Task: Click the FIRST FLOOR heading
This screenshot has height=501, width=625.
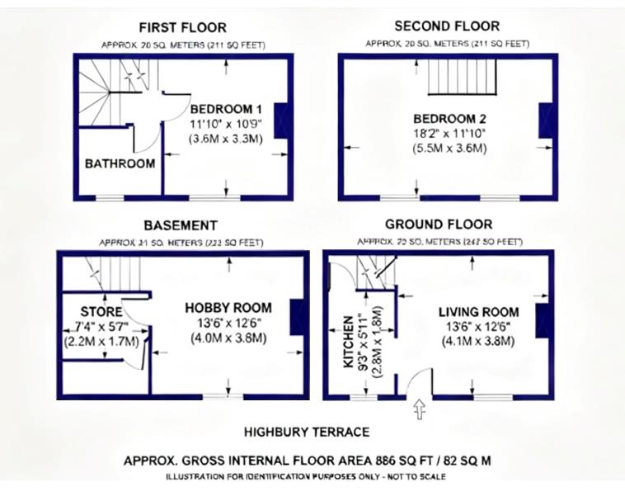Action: coord(182,27)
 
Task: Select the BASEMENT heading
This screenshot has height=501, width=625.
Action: coord(181,225)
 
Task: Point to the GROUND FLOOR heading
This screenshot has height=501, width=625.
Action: coord(439,225)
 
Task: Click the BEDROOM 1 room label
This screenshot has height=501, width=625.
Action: coord(226,109)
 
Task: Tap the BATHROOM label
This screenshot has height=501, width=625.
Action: coord(120,163)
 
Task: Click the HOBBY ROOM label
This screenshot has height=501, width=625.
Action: coord(228,308)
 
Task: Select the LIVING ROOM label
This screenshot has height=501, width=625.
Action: coord(478,312)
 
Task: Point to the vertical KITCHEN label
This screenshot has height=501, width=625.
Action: coord(349,340)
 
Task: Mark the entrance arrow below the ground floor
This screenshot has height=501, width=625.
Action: coord(419,409)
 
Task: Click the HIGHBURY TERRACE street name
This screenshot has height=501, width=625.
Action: coord(307,432)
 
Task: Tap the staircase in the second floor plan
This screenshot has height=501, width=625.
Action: coord(461,75)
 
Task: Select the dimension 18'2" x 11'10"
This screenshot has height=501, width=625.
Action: coord(449,134)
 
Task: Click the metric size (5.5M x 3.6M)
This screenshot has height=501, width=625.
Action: coord(449,149)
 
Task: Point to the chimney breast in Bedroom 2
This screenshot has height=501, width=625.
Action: coord(545,121)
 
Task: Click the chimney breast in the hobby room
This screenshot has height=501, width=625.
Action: coord(299,318)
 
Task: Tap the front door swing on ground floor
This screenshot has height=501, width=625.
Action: coord(421,382)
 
